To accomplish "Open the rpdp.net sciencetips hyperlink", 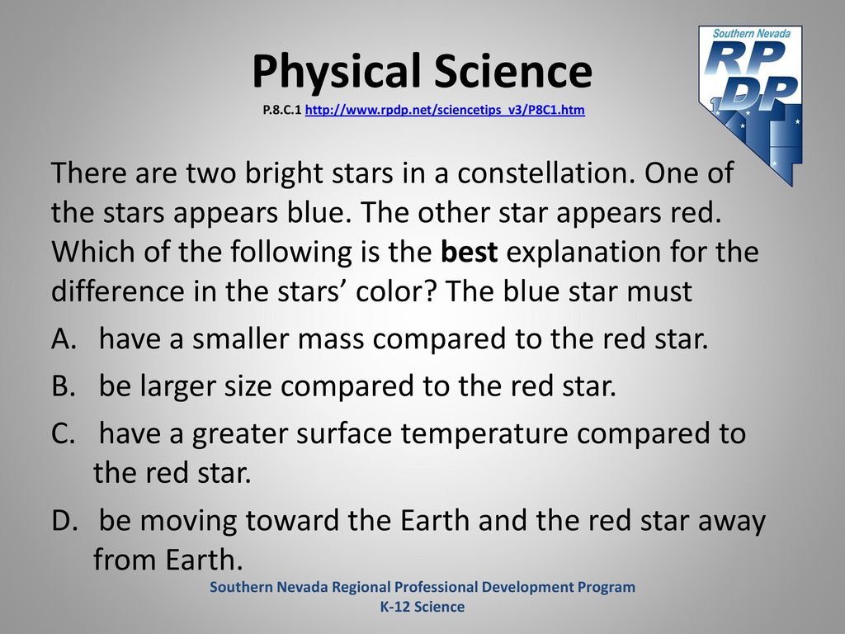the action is pos(445,110).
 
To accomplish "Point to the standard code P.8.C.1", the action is pos(282,110).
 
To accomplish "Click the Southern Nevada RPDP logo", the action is pos(750,104).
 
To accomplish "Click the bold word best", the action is pos(469,252).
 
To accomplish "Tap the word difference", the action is pos(118,291).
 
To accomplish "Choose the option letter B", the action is pos(63,386).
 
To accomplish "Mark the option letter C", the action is pos(63,433).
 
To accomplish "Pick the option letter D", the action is pos(64,520).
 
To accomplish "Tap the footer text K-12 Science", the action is pos(422,607).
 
